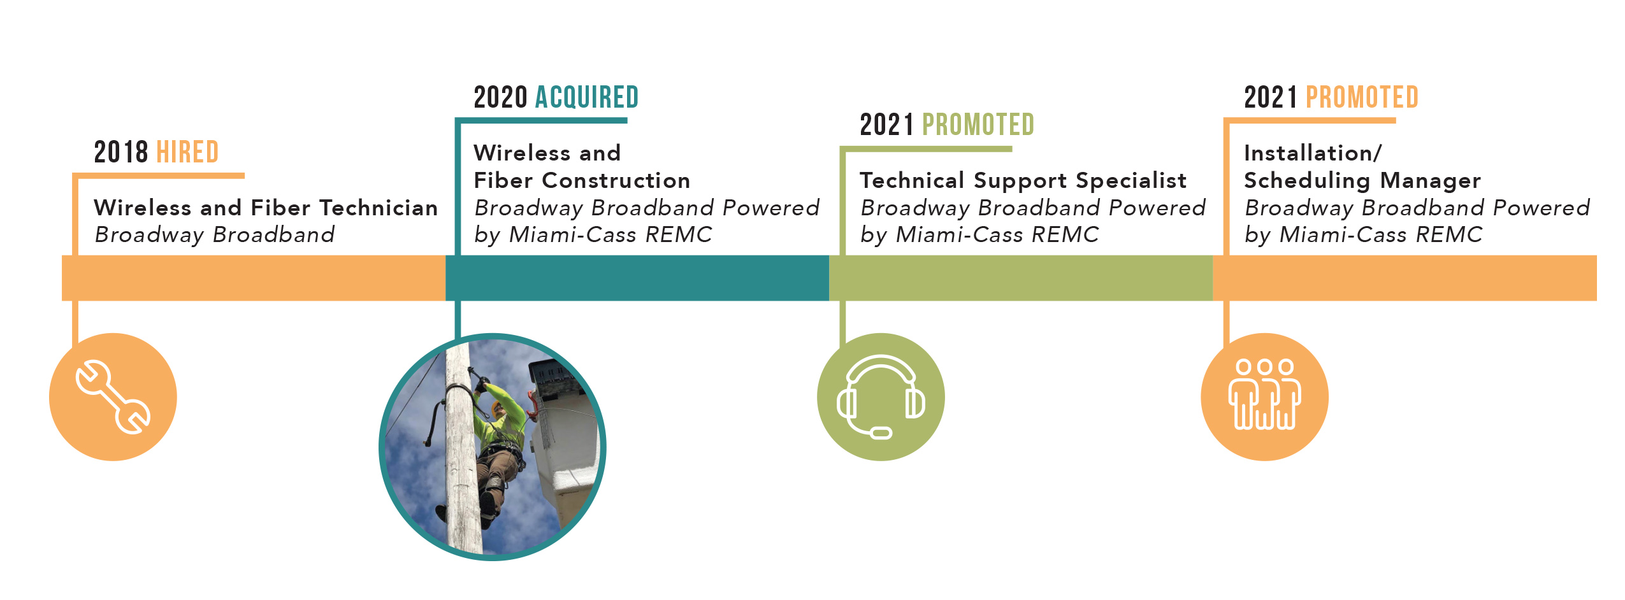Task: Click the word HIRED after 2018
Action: (x=187, y=152)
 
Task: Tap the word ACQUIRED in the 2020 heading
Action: (x=587, y=97)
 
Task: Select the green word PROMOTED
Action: (x=978, y=125)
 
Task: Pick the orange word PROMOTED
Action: (x=1362, y=97)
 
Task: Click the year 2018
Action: (x=121, y=152)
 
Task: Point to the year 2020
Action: (x=501, y=97)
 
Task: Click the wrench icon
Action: (x=113, y=397)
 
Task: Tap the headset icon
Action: (x=881, y=397)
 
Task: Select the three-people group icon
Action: (x=1264, y=394)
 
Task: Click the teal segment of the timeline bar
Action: (x=637, y=278)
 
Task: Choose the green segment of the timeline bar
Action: (x=1021, y=278)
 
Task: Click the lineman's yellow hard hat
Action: (x=496, y=408)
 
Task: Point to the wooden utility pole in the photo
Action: (x=463, y=446)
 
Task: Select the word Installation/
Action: (x=1313, y=153)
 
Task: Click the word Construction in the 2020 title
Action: (x=616, y=181)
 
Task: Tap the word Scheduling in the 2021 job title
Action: (x=1307, y=182)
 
